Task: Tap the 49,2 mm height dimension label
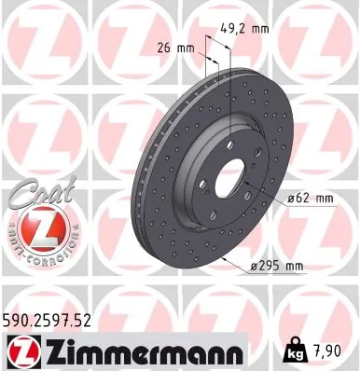pyautogui.click(x=249, y=29)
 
